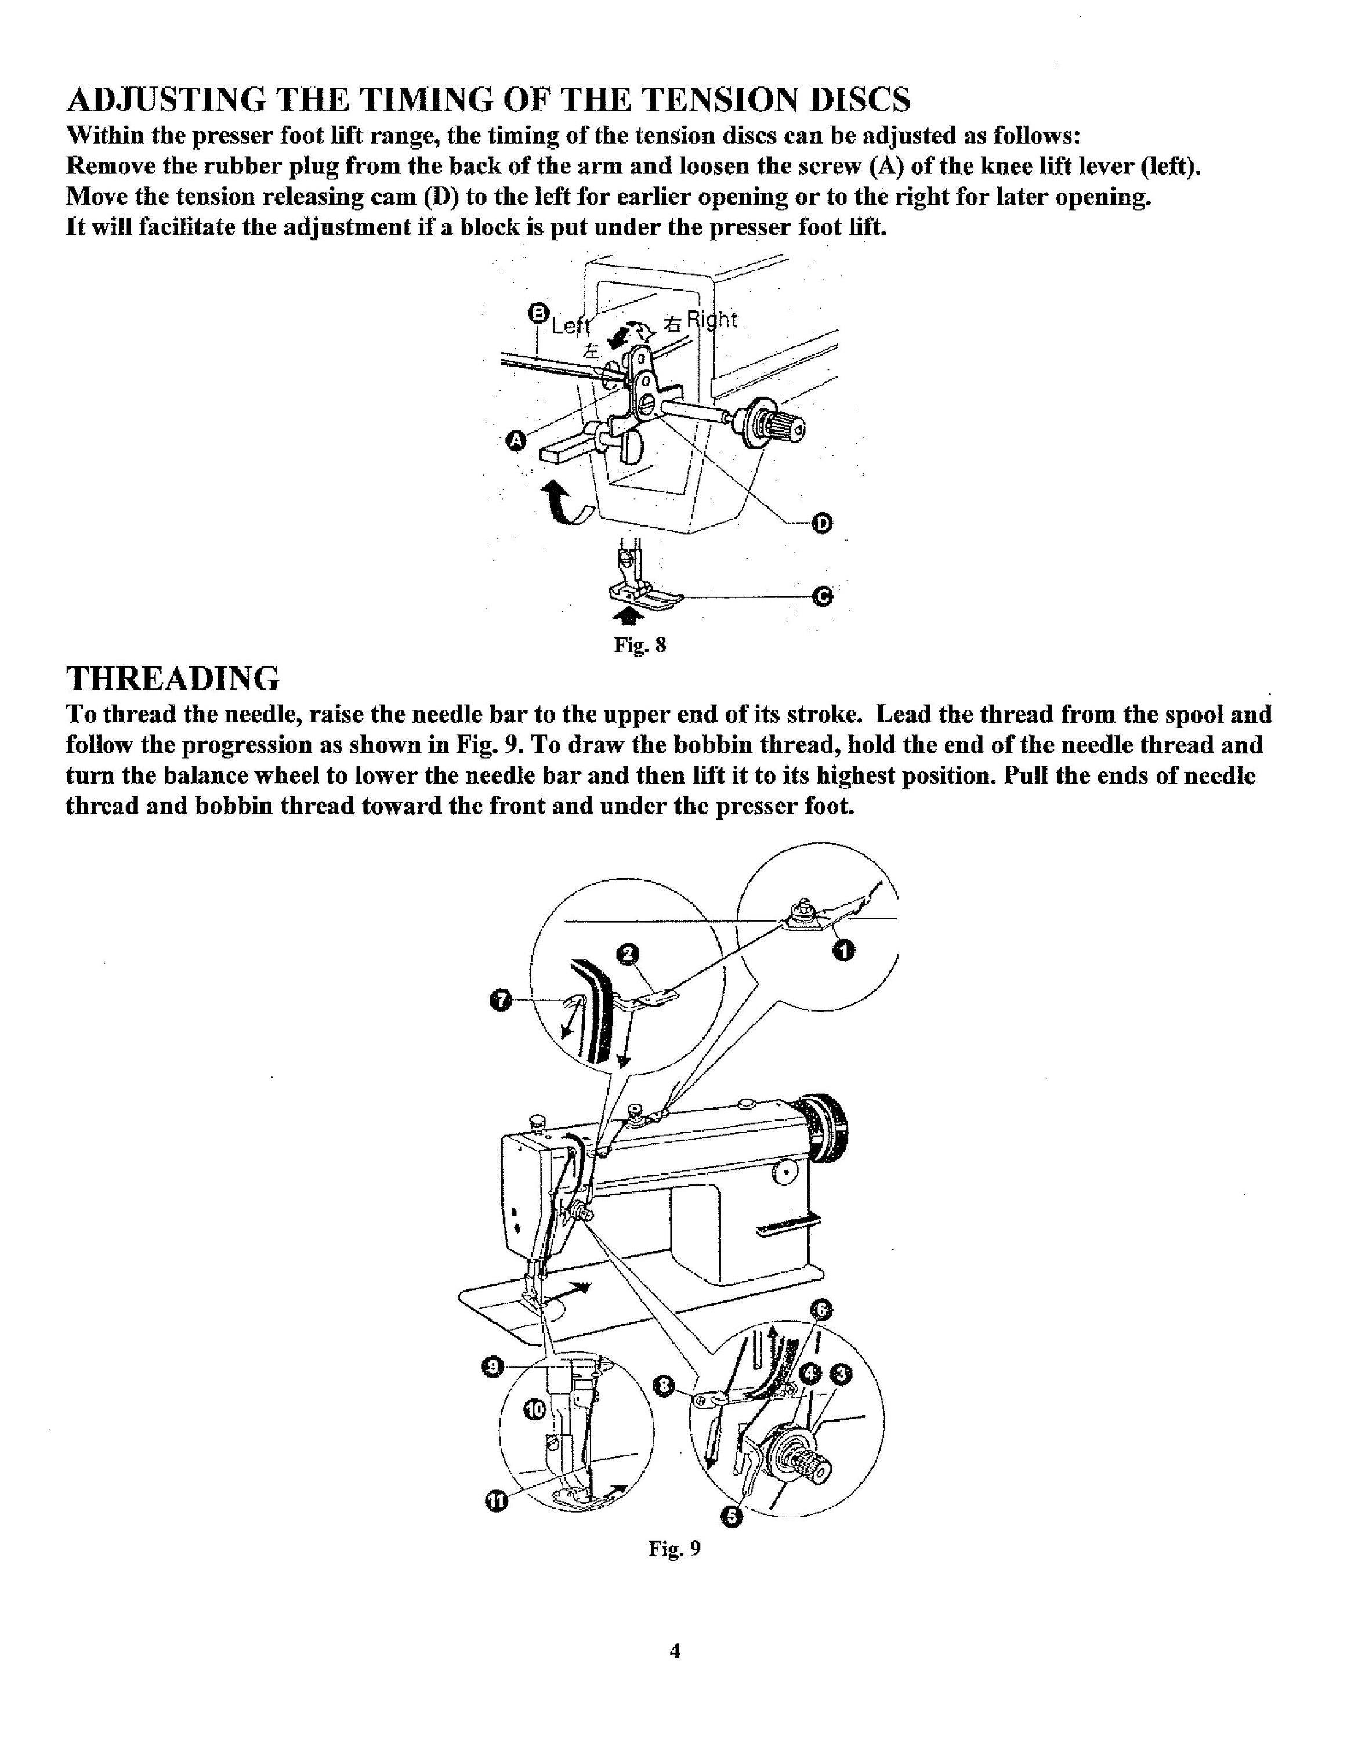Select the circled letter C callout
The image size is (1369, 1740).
[823, 596]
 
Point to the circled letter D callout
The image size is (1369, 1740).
[823, 524]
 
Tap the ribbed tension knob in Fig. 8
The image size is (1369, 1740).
[773, 426]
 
